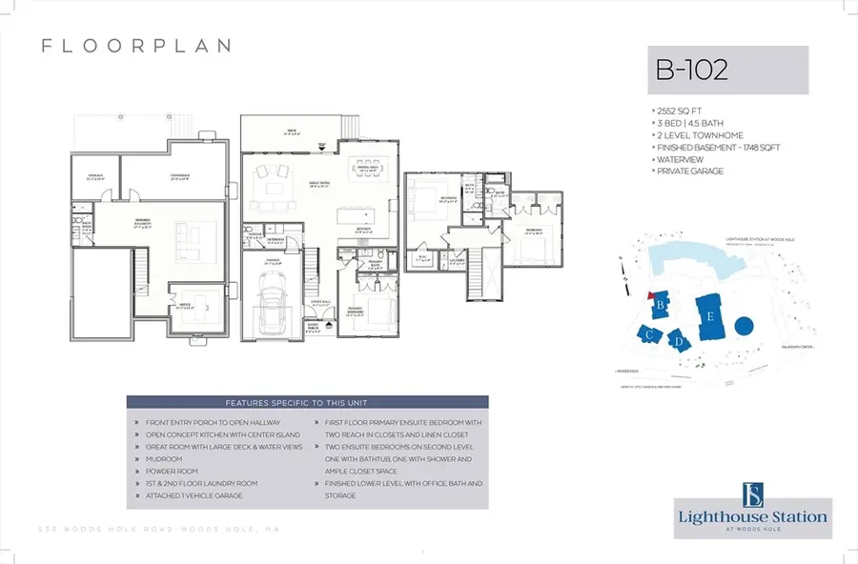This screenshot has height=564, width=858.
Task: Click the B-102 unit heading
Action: point(691,70)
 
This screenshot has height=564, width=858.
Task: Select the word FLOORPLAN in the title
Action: point(135,46)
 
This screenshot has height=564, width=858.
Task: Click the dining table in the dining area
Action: point(366,173)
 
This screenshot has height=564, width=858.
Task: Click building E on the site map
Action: point(709,314)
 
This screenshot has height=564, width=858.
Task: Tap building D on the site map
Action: point(678,340)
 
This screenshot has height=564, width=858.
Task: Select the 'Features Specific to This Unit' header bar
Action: point(307,402)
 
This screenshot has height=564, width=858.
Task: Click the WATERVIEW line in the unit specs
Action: point(677,160)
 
